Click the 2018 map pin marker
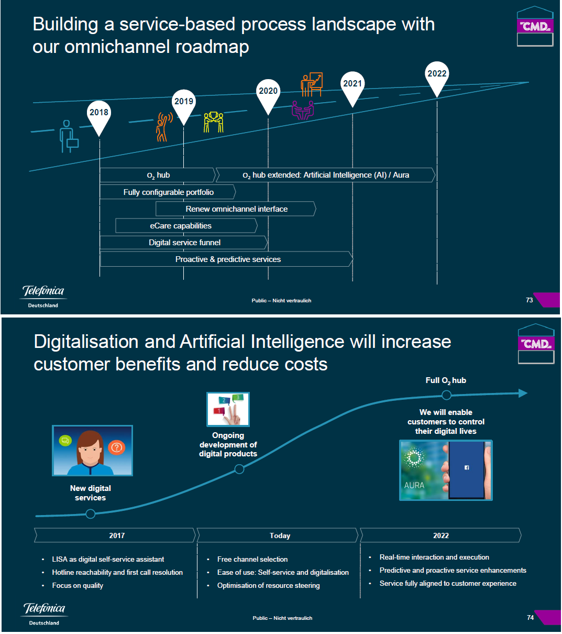[x=99, y=115]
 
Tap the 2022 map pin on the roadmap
[x=437, y=76]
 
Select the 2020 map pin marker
[x=268, y=94]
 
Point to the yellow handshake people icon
[x=213, y=122]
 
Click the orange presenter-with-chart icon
[x=312, y=84]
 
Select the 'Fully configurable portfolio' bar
[x=168, y=192]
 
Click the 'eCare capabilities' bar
[x=186, y=226]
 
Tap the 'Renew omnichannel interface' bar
[x=236, y=209]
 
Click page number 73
[x=529, y=300]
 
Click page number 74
[x=530, y=618]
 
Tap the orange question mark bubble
[x=116, y=447]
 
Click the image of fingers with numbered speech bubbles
[x=228, y=409]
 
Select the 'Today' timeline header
[x=279, y=535]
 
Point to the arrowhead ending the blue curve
[x=523, y=393]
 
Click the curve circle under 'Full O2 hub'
[x=446, y=395]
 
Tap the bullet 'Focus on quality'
[x=78, y=586]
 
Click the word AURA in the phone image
[x=414, y=486]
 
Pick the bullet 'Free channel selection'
[x=252, y=560]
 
